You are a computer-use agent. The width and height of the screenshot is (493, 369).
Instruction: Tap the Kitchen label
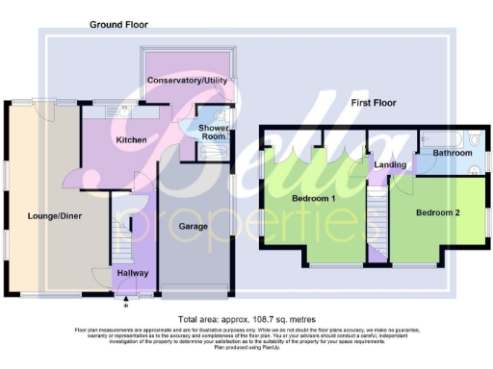pos(131,140)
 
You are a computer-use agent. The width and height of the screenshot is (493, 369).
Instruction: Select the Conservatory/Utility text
pos(187,81)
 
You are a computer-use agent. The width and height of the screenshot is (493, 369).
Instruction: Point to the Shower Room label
pos(213,132)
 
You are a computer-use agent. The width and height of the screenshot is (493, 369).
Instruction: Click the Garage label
pos(194,227)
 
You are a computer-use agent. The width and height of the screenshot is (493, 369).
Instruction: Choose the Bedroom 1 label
pos(313,199)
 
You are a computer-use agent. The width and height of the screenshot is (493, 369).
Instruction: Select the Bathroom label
pos(452,153)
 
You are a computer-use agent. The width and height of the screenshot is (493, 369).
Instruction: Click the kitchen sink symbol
pos(126,110)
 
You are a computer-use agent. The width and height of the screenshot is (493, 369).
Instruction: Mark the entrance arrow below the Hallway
pos(126,298)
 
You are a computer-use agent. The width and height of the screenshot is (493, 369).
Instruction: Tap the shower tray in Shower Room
pos(212,149)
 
